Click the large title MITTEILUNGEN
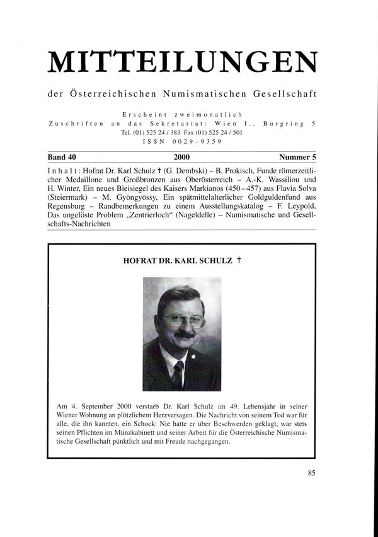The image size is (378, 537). coord(182,61)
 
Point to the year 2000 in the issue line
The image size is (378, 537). coord(181,157)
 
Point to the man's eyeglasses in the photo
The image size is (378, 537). coord(183,320)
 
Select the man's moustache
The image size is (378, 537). coord(183,335)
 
